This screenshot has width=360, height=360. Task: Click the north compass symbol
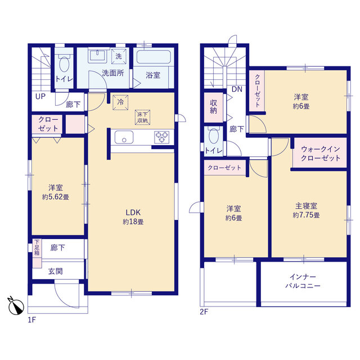pos(16,306)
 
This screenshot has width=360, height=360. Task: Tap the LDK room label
pos(133,213)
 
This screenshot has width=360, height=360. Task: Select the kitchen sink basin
pos(124,137)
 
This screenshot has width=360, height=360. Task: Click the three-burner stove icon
pos(162,137)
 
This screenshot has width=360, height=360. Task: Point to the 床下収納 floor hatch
pos(142,118)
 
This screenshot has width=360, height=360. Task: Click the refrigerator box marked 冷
pos(120,102)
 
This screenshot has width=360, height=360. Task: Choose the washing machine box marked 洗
pos(119,56)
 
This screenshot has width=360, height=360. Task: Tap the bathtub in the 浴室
pos(154,57)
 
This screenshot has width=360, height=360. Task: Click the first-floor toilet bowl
pos(64,64)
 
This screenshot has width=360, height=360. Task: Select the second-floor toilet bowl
pos(214,136)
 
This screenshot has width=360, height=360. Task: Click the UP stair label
pos(40,96)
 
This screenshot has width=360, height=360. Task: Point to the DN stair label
pos(237,89)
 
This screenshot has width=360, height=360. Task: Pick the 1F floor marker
pos(31,320)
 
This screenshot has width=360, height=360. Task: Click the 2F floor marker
pos(204,312)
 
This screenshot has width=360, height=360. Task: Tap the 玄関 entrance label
pos(55,271)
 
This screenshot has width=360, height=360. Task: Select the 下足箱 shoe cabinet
pos(37,253)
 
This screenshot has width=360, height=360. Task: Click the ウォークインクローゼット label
pos(321,154)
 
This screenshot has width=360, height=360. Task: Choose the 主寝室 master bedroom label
pos(306,206)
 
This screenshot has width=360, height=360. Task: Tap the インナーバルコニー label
pos(303,281)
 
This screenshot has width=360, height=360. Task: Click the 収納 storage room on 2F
pos(214,107)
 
